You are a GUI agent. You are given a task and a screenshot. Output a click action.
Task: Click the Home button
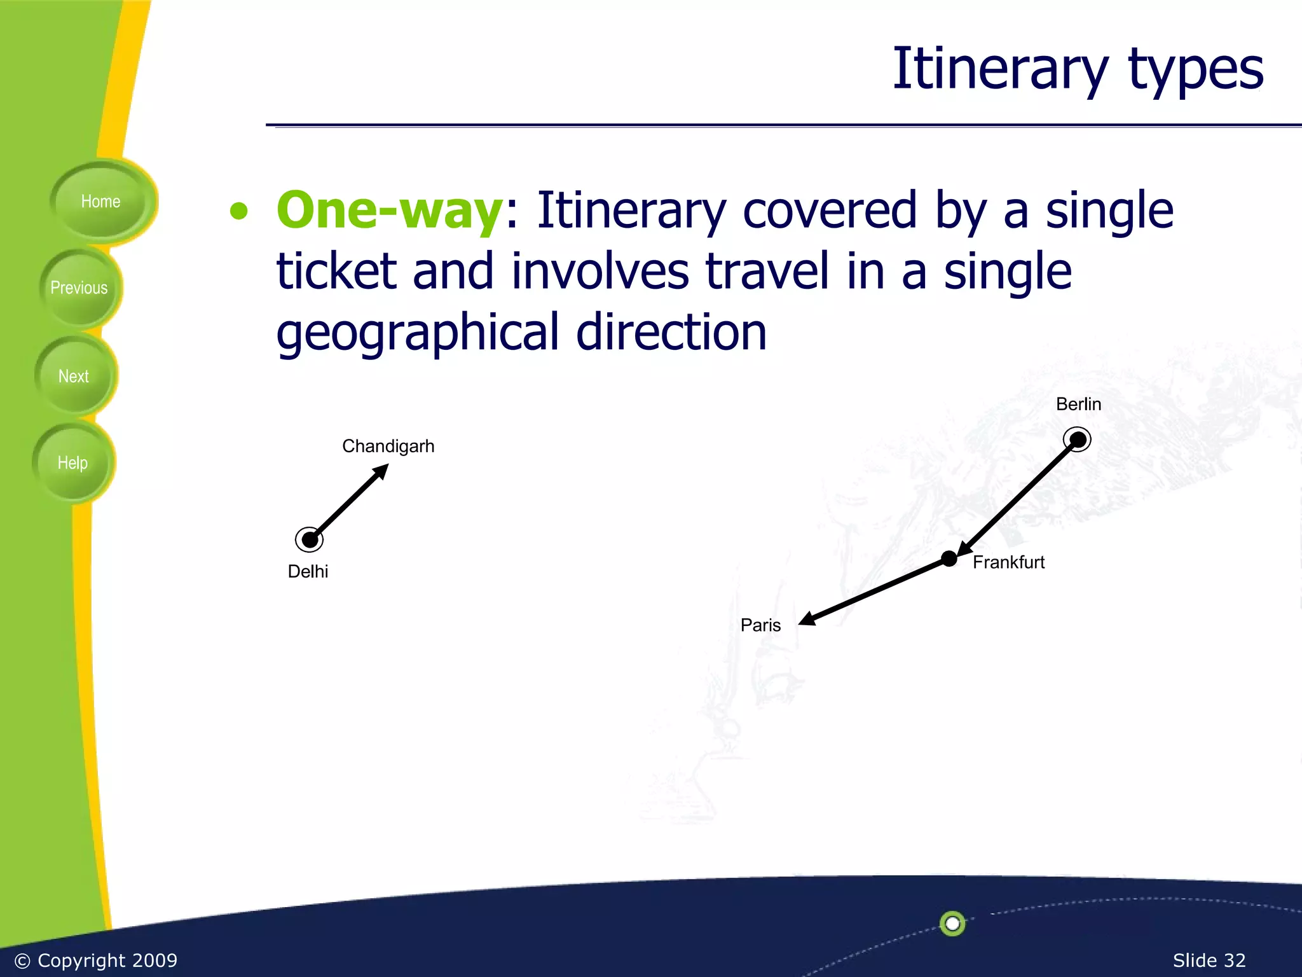pos(100,202)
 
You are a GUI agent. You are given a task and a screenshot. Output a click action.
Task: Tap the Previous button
pos(79,288)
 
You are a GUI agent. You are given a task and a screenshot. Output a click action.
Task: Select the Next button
pos(74,376)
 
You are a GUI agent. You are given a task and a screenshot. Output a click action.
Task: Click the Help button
pos(72,462)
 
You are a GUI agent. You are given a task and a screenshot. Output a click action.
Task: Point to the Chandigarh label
pos(388,446)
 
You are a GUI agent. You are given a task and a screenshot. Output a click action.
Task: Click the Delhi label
pos(308,571)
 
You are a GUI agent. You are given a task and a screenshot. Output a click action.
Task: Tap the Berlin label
pos(1078,404)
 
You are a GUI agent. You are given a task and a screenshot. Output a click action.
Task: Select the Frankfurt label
pos(1008,562)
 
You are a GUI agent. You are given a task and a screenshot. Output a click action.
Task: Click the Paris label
pos(760,625)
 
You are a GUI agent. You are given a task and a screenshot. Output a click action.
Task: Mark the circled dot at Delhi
pos(310,539)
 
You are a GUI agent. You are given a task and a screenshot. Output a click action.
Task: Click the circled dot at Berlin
pos(1077,440)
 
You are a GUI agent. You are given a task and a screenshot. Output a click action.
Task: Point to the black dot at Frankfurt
pos(949,559)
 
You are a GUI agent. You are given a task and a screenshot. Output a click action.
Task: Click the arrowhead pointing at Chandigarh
pos(381,471)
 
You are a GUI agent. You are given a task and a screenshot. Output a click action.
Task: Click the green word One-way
pos(390,210)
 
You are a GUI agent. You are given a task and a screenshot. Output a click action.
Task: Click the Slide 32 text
pos(1209,960)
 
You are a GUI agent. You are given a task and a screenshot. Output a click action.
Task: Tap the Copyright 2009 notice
pos(96,960)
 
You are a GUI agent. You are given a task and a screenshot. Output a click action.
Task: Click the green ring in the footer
pos(952,923)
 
